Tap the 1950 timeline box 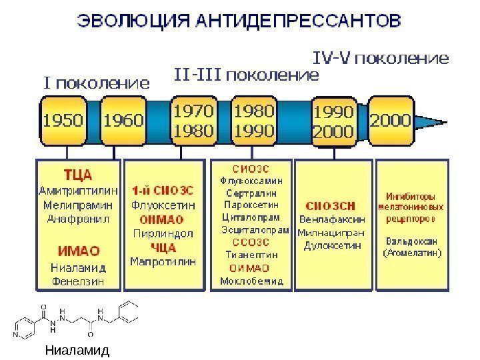(64, 121)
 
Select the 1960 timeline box (125, 121)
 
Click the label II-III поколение (247, 74)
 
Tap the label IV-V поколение (381, 59)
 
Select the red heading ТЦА (77, 175)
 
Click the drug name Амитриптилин (77, 189)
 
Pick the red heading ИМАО (78, 251)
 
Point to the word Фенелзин (78, 281)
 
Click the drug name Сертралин (251, 192)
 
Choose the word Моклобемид (251, 281)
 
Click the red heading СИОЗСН (331, 205)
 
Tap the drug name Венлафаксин (331, 219)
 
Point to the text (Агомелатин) (412, 253)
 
